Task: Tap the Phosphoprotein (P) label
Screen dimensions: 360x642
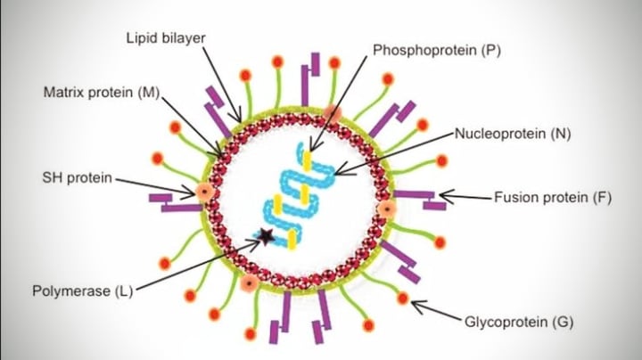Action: pyautogui.click(x=436, y=51)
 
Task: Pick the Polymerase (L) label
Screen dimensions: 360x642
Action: pyautogui.click(x=82, y=290)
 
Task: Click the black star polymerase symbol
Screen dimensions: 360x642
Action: pyautogui.click(x=265, y=236)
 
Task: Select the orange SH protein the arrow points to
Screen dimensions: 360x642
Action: pyautogui.click(x=205, y=192)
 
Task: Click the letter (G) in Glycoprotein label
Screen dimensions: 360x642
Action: pyautogui.click(x=563, y=320)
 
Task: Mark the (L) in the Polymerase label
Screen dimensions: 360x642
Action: pyautogui.click(x=123, y=290)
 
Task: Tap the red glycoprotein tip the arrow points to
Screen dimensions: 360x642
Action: pyautogui.click(x=403, y=298)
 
